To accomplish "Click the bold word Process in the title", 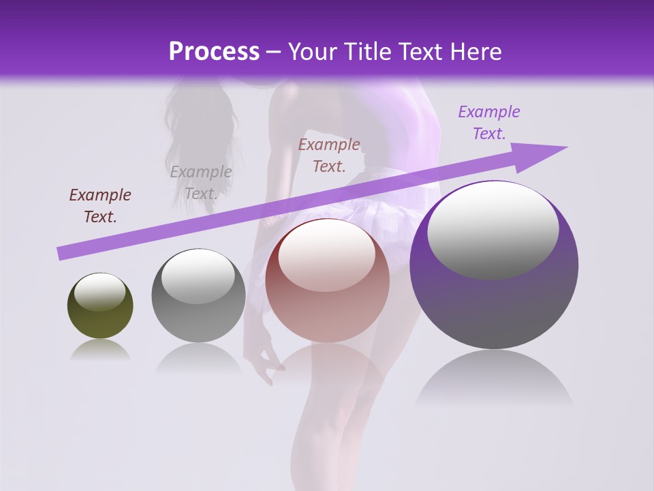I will click(x=214, y=52).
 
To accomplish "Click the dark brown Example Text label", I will click(x=100, y=206).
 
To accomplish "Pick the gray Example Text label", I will click(x=200, y=183).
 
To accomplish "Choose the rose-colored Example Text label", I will click(x=329, y=155).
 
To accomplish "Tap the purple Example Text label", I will click(x=488, y=123).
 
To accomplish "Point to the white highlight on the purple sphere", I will click(x=493, y=229).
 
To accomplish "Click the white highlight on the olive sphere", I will click(x=99, y=292).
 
